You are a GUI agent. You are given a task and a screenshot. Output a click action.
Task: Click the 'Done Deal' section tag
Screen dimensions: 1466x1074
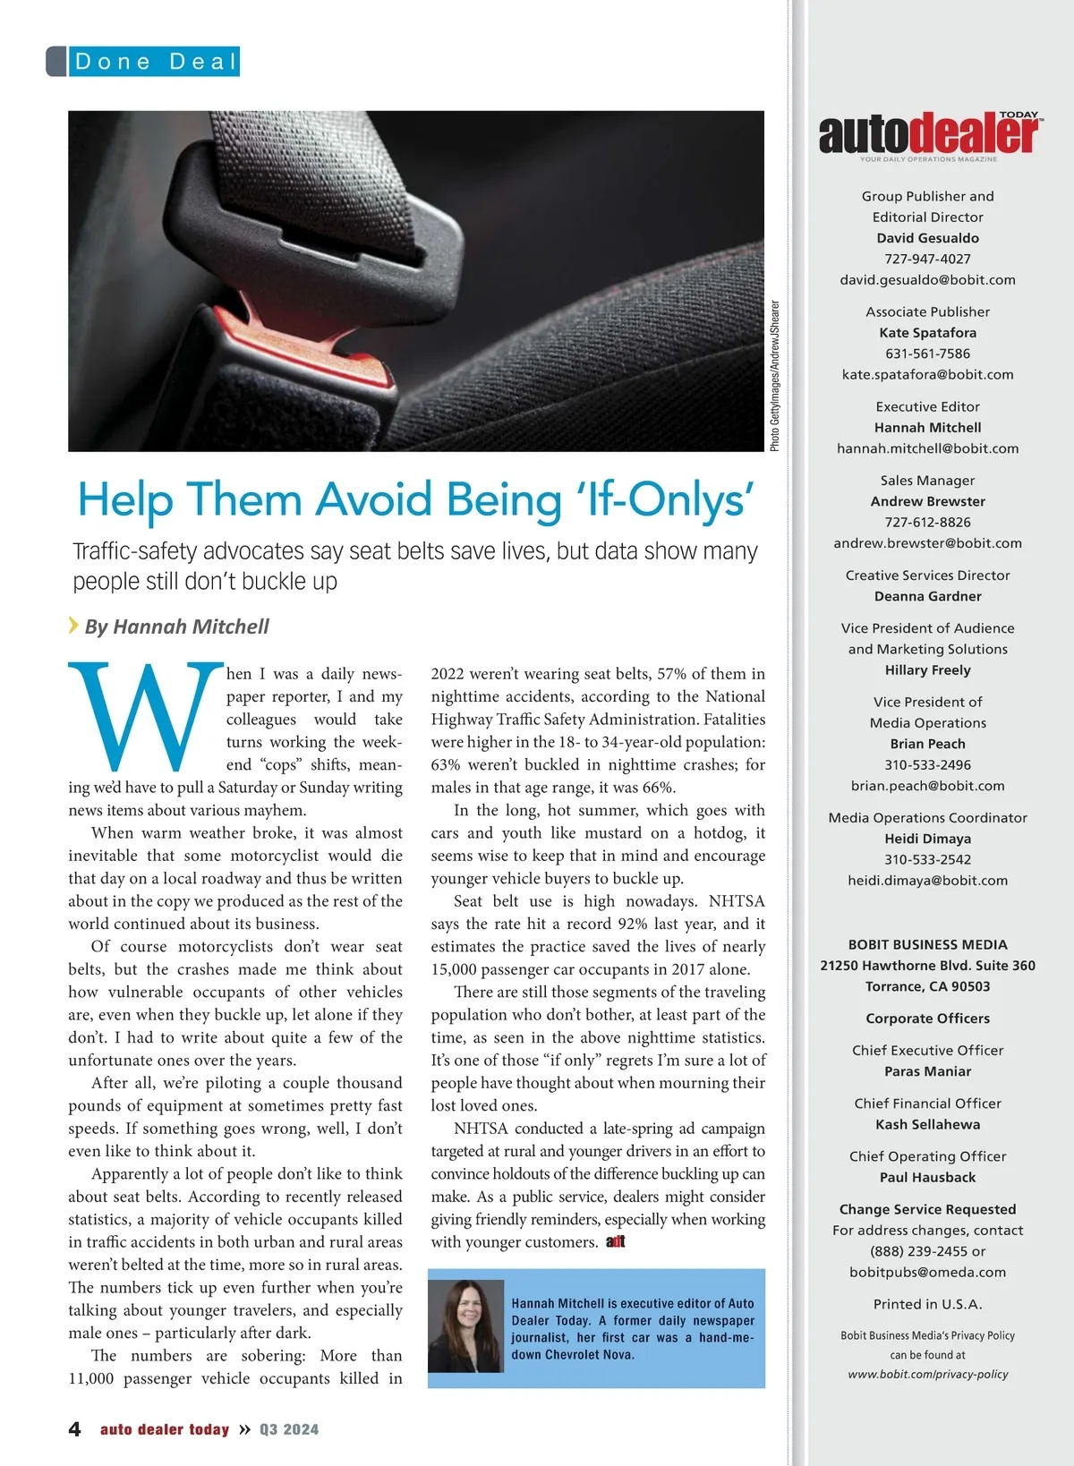155,61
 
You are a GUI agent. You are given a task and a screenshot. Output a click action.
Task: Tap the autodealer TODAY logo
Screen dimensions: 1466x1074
928,135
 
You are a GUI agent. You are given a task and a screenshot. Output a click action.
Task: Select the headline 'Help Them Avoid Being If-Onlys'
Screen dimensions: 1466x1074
415,499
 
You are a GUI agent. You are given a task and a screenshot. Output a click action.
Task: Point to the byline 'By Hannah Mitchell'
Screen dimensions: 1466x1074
176,626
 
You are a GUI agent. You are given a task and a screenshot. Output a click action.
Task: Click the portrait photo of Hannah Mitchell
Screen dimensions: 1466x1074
465,1326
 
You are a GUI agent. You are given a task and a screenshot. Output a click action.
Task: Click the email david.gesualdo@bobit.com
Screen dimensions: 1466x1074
927,279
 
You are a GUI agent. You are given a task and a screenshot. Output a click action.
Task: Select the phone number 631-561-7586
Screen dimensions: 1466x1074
927,354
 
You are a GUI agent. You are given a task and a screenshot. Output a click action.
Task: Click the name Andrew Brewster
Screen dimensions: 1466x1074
927,501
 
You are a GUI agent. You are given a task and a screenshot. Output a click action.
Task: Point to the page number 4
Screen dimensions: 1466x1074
75,1429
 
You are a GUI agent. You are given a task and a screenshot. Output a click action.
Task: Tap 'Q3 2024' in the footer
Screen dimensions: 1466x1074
289,1429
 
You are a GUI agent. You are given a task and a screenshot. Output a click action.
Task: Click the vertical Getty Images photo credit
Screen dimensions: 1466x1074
775,376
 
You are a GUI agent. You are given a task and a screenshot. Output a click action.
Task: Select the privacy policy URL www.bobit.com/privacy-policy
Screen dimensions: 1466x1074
927,1374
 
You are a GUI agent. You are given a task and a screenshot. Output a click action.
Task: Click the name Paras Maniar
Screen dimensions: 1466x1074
927,1071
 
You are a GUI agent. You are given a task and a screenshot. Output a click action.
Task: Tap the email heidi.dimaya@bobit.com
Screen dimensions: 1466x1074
927,880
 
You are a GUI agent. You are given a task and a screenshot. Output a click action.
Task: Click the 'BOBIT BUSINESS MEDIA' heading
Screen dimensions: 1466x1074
927,944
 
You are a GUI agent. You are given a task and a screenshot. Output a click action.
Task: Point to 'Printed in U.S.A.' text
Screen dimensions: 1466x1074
927,1304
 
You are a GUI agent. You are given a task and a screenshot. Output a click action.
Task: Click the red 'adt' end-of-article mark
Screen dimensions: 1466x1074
616,1241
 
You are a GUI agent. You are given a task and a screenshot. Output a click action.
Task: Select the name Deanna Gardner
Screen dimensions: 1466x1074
927,596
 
